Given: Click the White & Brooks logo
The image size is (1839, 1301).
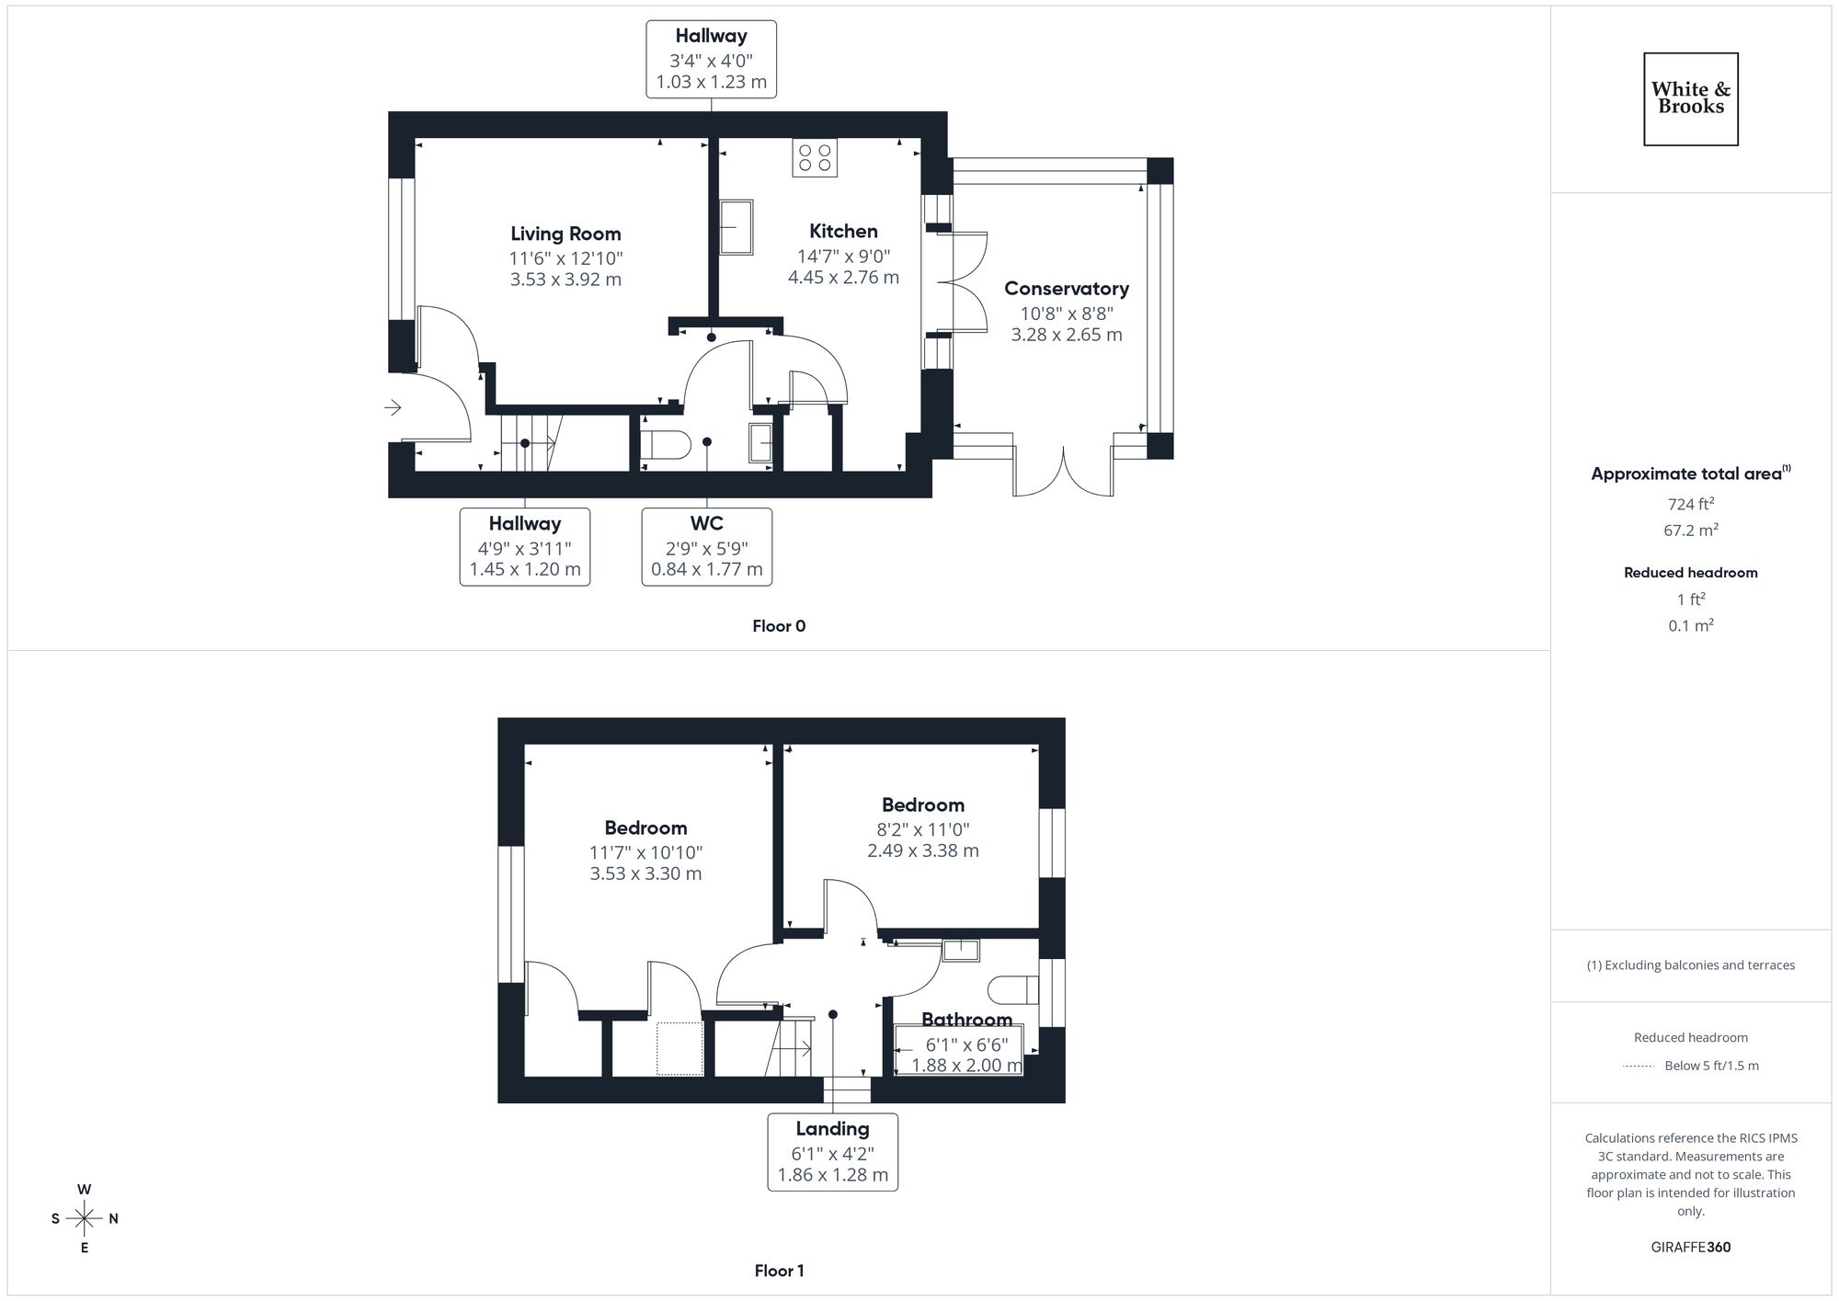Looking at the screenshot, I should [1690, 98].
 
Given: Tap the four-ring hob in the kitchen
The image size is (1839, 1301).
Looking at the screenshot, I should [815, 157].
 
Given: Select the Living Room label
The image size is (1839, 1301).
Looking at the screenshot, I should [565, 234].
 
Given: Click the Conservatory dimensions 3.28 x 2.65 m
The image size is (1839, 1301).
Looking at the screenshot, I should [1067, 335].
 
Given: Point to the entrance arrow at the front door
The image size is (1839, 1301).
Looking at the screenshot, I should [393, 407].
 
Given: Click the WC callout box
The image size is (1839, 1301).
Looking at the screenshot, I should [706, 546].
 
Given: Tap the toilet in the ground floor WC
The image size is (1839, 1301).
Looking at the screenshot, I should [665, 445].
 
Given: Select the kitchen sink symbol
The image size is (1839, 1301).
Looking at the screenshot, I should [736, 227].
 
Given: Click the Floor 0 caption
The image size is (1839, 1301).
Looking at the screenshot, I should [779, 626].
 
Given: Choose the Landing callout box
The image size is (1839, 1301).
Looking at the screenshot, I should [832, 1152].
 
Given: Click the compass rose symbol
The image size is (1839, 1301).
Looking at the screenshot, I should [85, 1219].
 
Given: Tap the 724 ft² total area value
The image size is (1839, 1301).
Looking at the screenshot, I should [1690, 504].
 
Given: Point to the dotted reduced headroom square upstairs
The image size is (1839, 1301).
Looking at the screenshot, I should [680, 1048].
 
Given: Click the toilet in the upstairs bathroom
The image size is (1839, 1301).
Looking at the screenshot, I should [1012, 990].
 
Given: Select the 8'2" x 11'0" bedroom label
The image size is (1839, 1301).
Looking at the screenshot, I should [922, 827].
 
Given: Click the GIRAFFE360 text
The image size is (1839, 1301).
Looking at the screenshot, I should [1690, 1248].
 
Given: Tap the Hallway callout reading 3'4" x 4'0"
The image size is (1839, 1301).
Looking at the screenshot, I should [711, 60].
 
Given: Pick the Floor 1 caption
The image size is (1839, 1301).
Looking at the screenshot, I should [779, 1271].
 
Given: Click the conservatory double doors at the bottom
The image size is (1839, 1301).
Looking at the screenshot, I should [1064, 473].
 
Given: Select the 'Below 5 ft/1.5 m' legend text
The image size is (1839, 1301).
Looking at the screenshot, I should [1710, 1066].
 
